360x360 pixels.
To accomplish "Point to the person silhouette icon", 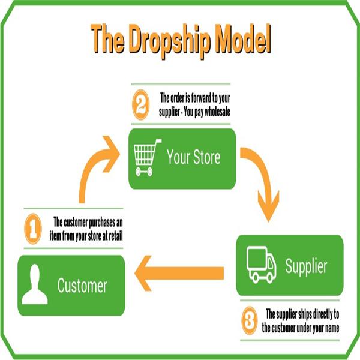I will (x=35, y=285).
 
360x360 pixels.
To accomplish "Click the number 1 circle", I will (x=34, y=230).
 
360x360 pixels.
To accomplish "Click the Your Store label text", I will (x=193, y=158).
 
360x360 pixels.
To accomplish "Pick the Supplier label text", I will (x=306, y=266).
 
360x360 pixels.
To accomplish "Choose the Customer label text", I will (x=82, y=286).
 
